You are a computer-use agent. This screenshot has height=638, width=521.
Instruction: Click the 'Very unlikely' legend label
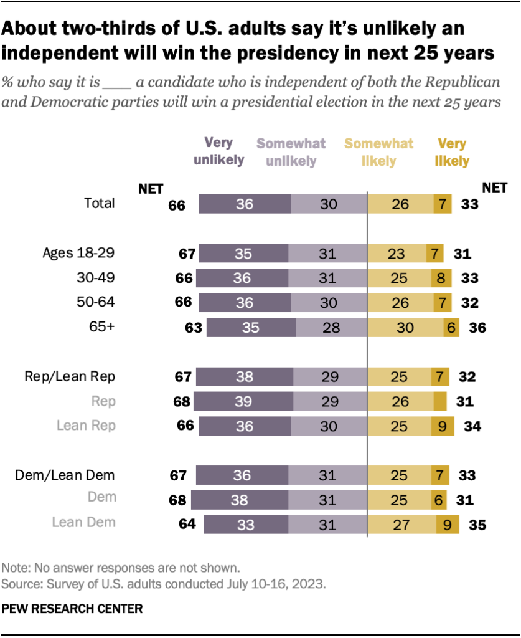[218, 151]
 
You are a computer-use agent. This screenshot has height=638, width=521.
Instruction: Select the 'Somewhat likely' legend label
[378, 152]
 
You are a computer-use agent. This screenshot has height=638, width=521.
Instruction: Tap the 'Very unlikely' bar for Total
[245, 204]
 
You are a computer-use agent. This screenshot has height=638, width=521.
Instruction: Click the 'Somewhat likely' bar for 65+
[405, 327]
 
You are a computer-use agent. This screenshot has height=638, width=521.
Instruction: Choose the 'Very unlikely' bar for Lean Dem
[246, 523]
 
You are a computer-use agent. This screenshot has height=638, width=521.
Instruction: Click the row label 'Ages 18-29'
[78, 253]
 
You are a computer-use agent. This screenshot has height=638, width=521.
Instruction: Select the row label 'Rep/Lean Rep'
[70, 376]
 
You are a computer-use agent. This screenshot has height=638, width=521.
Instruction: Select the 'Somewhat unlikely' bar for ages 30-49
[327, 278]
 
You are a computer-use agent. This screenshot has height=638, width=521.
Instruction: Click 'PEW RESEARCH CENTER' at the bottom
[72, 608]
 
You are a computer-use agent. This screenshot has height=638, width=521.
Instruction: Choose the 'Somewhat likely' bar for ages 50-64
[400, 303]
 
